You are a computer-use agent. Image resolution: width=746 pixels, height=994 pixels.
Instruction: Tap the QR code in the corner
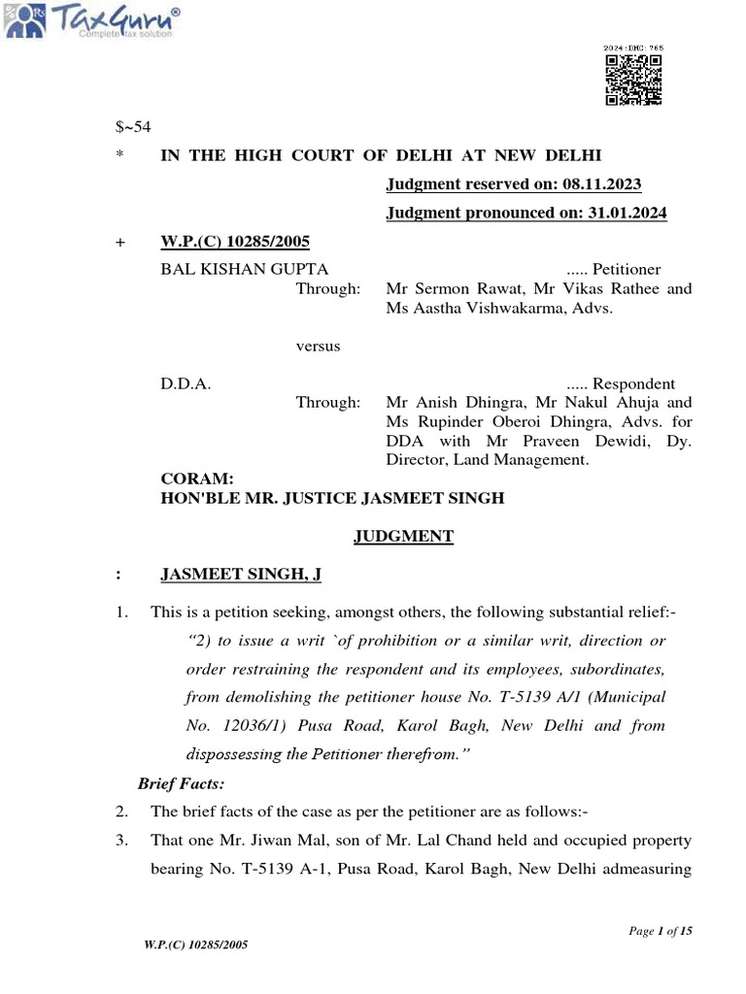633,81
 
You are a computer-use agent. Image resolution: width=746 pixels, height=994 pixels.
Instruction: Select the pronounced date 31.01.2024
627,214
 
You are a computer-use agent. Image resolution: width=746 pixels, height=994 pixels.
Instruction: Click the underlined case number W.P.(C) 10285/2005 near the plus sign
235,242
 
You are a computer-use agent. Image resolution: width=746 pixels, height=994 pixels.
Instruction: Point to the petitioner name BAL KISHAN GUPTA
244,269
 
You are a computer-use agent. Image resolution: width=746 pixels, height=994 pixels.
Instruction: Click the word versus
318,346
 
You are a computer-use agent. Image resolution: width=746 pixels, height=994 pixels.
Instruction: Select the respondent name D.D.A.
186,383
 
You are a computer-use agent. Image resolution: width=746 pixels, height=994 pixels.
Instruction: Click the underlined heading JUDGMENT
403,536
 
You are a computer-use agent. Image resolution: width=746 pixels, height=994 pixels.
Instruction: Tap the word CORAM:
197,480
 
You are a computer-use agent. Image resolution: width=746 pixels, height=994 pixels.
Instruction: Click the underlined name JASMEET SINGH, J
240,575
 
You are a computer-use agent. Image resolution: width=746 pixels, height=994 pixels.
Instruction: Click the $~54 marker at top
133,127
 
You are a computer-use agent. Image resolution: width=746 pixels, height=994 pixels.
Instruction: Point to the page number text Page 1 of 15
661,932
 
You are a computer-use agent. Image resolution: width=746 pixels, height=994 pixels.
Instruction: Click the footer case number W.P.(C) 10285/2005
189,945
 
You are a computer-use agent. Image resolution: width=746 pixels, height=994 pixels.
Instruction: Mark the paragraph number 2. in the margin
121,812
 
